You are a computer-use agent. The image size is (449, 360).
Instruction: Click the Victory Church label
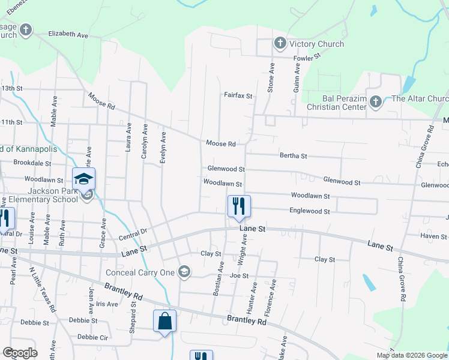tap(316, 44)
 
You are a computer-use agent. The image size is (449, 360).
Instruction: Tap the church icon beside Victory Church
tap(280, 43)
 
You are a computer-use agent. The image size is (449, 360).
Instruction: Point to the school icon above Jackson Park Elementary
tap(84, 178)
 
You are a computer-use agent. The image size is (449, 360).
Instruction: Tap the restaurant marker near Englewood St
tap(238, 206)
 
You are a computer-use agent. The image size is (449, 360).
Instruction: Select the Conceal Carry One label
tap(140, 272)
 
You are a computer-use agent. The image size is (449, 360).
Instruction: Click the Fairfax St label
tap(238, 95)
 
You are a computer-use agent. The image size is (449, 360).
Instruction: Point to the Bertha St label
tap(294, 156)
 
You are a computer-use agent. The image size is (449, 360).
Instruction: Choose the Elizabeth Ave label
tap(68, 34)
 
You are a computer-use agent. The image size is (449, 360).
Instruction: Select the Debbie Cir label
tap(92, 337)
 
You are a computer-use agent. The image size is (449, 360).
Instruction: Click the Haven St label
tap(433, 236)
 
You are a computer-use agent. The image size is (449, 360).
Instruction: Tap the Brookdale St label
tap(32, 163)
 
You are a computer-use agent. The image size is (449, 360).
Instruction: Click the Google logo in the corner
tap(20, 353)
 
